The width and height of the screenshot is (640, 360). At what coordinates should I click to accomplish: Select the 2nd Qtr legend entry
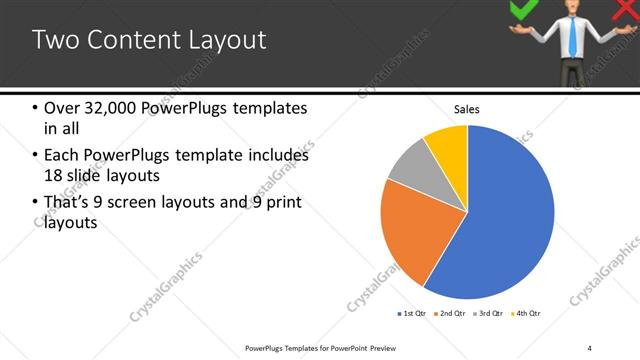[x=449, y=314]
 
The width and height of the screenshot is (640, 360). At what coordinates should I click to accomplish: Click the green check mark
[x=523, y=9]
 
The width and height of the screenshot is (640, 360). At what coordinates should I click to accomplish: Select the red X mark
[x=621, y=10]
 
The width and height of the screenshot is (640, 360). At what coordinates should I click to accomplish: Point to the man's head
[x=571, y=9]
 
